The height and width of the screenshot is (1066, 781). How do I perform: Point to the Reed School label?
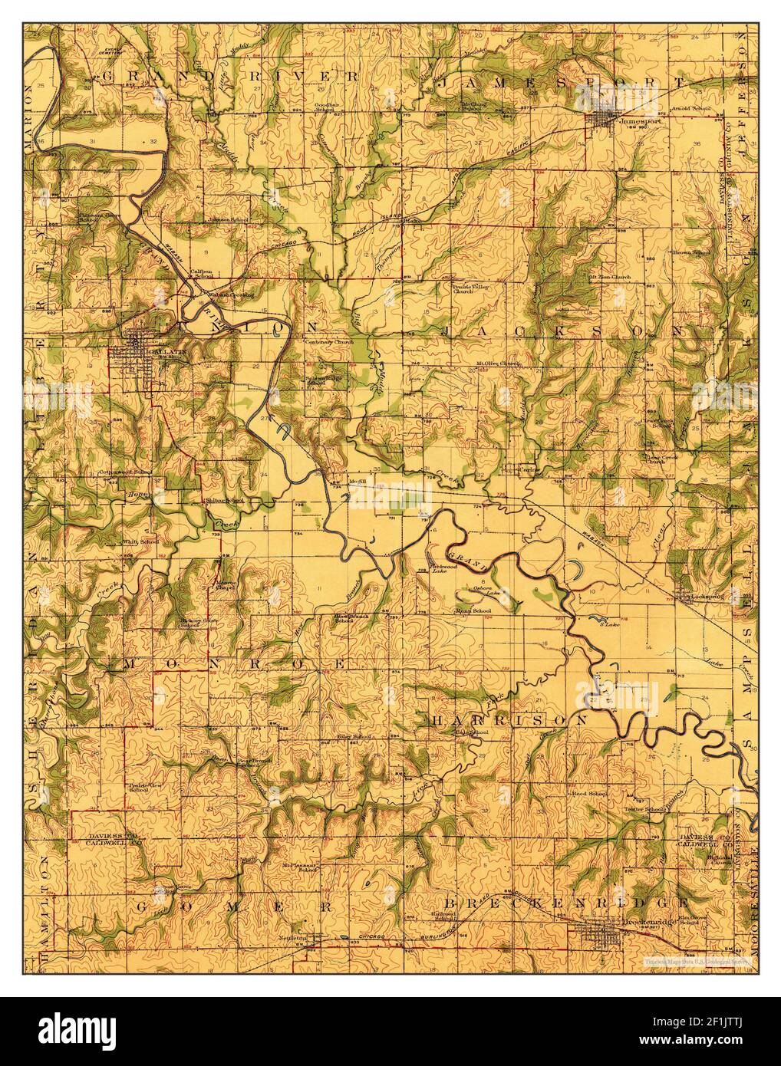click(587, 792)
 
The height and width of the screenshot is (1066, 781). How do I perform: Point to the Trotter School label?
click(643, 809)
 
